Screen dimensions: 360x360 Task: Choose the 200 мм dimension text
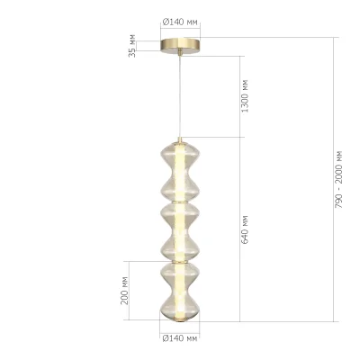[x=126, y=291]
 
